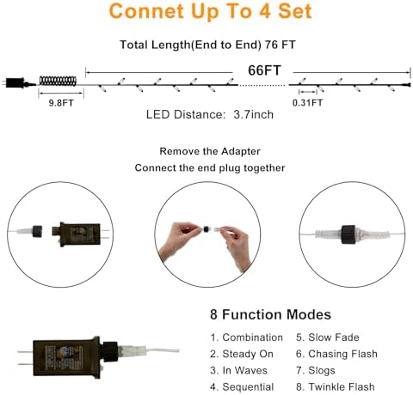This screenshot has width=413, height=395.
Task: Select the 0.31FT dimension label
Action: click(x=309, y=102)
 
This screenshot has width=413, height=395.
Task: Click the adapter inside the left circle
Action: click(x=77, y=233)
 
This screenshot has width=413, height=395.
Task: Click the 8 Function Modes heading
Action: click(x=269, y=315)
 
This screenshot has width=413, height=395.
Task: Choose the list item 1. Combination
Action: click(x=246, y=337)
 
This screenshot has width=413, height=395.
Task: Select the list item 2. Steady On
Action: click(x=243, y=354)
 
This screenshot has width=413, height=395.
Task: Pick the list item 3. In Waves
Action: click(x=240, y=370)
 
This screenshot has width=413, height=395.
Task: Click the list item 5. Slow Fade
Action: click(x=328, y=337)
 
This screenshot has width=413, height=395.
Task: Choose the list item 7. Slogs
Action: click(x=317, y=370)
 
